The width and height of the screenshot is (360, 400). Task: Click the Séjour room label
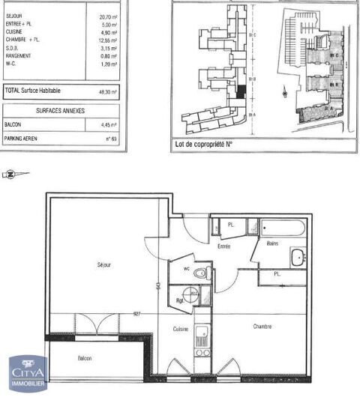point(104,264)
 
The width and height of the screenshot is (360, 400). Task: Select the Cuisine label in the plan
point(180,328)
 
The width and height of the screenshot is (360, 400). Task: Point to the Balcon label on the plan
point(85,359)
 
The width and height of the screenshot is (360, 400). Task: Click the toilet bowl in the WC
point(199,272)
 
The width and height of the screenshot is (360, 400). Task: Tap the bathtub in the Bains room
point(282,226)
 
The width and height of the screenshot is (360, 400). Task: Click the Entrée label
point(223,246)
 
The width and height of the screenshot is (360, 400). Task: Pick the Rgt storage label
point(181,300)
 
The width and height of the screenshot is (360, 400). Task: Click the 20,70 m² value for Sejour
point(109,16)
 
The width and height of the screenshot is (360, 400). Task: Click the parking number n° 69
point(112,139)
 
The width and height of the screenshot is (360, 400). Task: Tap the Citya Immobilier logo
point(27,373)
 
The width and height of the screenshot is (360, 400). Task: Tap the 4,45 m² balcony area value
point(111,125)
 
